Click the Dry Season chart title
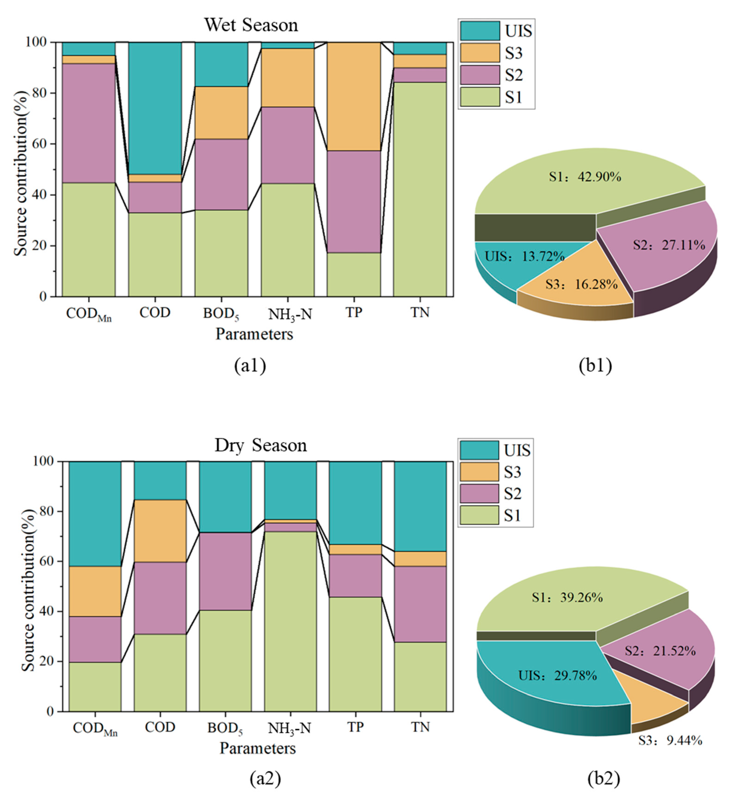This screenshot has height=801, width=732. click(x=261, y=445)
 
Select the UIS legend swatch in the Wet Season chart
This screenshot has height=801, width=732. click(x=480, y=31)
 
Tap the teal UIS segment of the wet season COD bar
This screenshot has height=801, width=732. click(x=155, y=107)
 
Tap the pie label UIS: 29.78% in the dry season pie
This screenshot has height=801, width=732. click(x=557, y=675)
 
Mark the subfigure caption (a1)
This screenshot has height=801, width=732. click(x=250, y=366)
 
